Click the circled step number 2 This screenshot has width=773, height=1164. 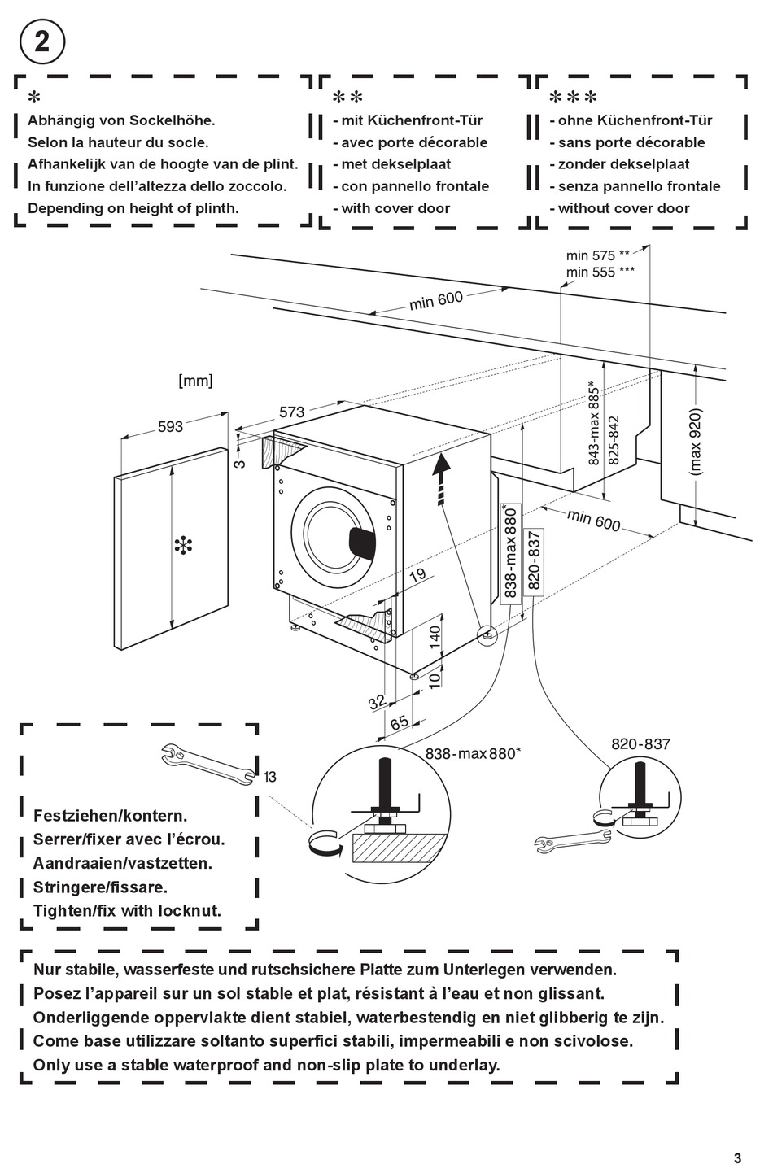pyautogui.click(x=41, y=41)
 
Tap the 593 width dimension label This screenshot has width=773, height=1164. pyautogui.click(x=170, y=426)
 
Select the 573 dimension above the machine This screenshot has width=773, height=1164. pyautogui.click(x=291, y=412)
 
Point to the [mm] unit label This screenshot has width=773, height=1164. pyautogui.click(x=195, y=381)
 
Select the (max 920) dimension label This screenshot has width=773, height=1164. pyautogui.click(x=695, y=441)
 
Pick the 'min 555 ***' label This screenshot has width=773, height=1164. pyautogui.click(x=600, y=272)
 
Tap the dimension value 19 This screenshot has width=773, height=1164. pyautogui.click(x=417, y=575)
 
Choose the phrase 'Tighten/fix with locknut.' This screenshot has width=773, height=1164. pyautogui.click(x=127, y=911)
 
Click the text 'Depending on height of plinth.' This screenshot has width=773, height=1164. pyautogui.click(x=133, y=208)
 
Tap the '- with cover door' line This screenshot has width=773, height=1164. pyautogui.click(x=391, y=208)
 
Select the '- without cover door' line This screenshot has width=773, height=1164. pyautogui.click(x=619, y=208)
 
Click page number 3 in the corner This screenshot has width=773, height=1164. pyautogui.click(x=737, y=1136)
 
